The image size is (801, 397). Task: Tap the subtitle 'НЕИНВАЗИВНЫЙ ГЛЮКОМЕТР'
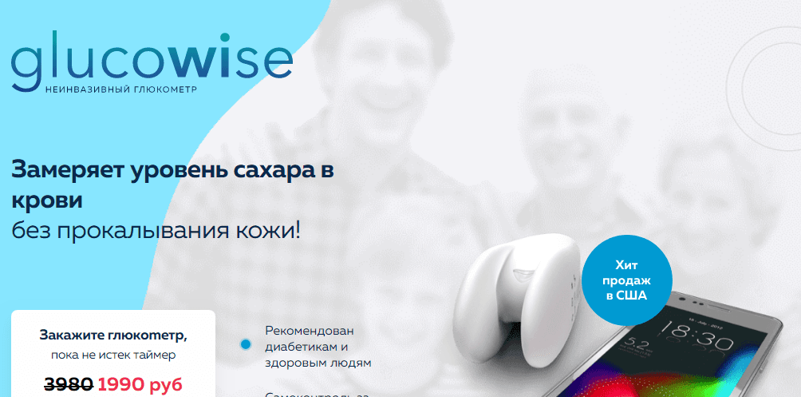pyautogui.click(x=121, y=88)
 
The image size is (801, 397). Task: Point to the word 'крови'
pyautogui.click(x=48, y=199)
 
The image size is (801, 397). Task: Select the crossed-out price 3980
pyautogui.click(x=69, y=384)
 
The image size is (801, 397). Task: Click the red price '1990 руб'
pyautogui.click(x=140, y=384)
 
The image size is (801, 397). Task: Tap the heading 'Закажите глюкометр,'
pyautogui.click(x=113, y=335)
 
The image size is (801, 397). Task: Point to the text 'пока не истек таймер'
pyautogui.click(x=112, y=355)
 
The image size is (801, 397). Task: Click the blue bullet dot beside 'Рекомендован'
pyautogui.click(x=246, y=345)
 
